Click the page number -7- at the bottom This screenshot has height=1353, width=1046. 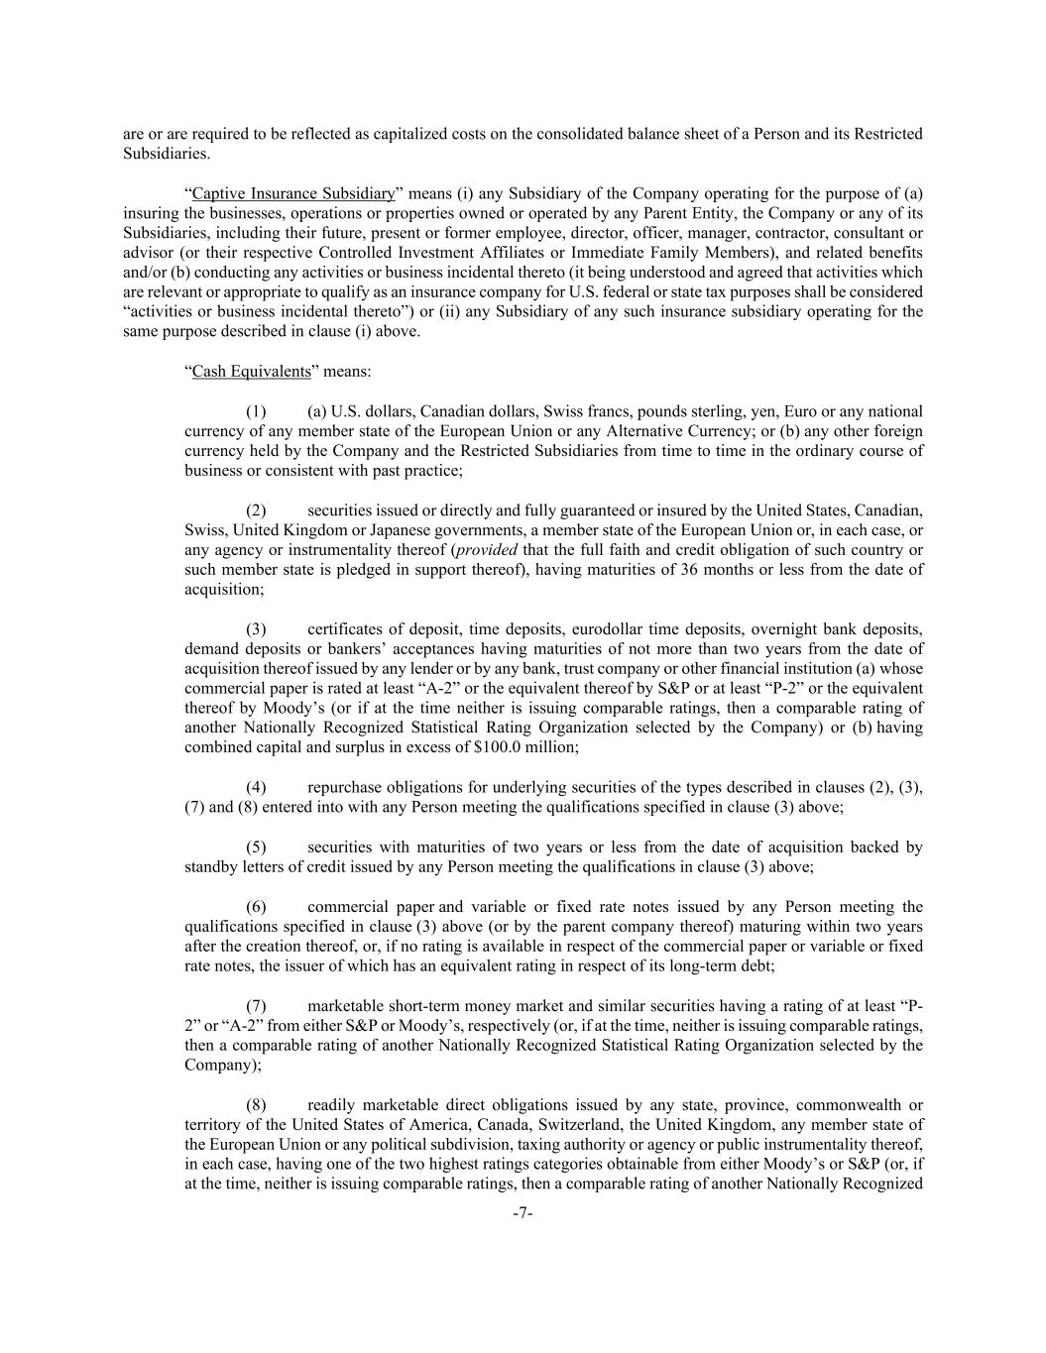[x=523, y=1213]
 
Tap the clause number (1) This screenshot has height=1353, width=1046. [x=256, y=411]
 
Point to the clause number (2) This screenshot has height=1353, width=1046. [x=256, y=510]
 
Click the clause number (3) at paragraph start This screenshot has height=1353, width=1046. [x=256, y=629]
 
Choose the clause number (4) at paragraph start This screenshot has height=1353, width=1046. [x=256, y=788]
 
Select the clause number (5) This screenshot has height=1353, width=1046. [x=256, y=847]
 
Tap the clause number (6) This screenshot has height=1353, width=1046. [x=256, y=907]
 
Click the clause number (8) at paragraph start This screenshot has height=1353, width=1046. [x=256, y=1105]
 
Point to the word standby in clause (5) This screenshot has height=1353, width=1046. [x=210, y=867]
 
